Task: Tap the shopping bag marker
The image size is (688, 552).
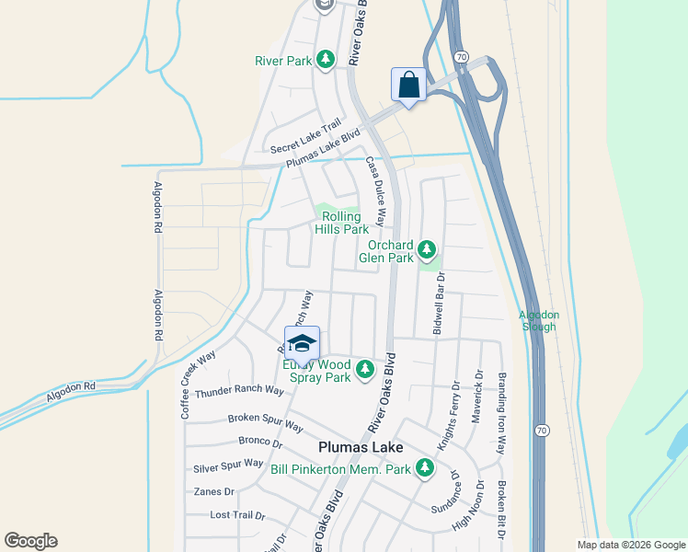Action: point(408,85)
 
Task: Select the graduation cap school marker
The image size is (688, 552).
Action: point(302,343)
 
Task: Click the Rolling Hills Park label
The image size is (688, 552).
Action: point(341,223)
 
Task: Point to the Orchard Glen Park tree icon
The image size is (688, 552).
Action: point(426,248)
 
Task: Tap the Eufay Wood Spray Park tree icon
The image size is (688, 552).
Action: point(365,370)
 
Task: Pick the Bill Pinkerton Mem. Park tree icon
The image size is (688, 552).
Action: point(424,468)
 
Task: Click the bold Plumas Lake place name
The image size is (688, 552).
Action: point(360,447)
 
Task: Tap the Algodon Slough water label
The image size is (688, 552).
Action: point(538,320)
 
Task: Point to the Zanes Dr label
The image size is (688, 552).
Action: point(214,492)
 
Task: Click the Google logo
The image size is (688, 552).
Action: point(30,541)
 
